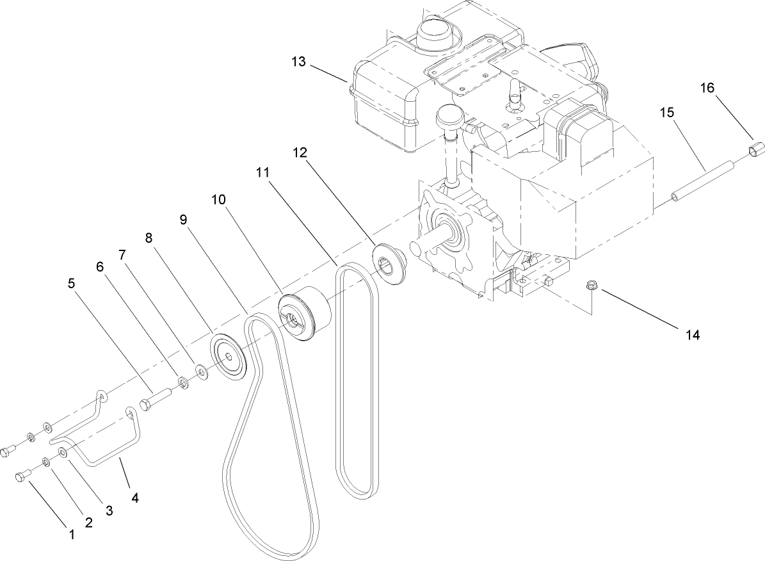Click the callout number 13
click(298, 61)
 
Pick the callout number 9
click(183, 220)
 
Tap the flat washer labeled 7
click(201, 370)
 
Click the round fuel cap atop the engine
click(435, 31)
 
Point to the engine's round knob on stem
click(447, 118)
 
